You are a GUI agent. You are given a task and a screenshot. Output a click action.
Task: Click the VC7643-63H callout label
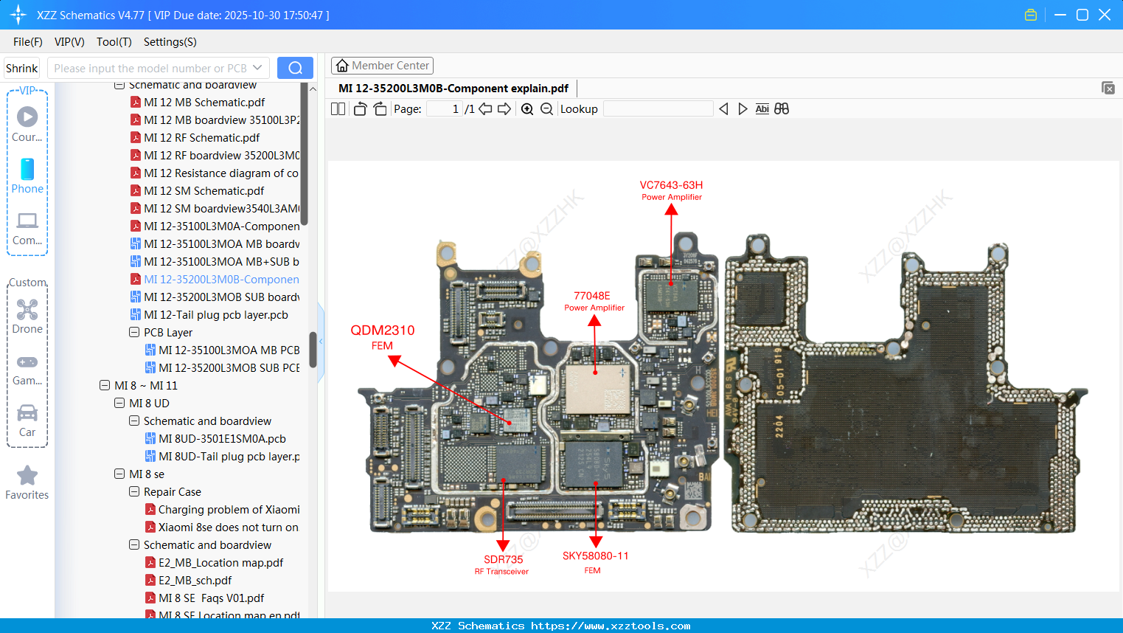[671, 190]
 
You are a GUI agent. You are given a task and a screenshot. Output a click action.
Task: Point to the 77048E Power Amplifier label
[594, 301]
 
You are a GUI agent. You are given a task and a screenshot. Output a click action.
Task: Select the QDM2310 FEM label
[382, 336]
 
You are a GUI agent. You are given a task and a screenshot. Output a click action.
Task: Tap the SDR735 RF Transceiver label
[502, 564]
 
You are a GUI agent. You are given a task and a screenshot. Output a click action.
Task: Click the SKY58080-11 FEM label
[595, 561]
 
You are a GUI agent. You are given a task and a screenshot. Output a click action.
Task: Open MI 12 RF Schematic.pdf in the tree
[201, 138]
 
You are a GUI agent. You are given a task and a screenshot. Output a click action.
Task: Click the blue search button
[295, 68]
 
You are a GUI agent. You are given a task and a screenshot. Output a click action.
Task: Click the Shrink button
[22, 68]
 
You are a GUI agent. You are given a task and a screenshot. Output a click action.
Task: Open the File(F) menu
[28, 42]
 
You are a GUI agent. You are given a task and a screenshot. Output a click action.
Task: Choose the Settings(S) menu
[170, 42]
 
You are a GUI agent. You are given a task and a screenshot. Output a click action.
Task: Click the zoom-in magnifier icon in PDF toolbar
[527, 109]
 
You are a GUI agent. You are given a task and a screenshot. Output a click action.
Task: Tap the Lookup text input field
[658, 109]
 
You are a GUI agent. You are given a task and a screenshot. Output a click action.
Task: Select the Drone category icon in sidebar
[27, 310]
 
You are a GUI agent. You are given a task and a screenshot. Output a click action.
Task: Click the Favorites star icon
[27, 476]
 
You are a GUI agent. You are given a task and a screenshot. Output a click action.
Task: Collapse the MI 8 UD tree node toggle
[119, 404]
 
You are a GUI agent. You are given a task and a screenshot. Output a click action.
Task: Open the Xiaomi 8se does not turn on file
[228, 527]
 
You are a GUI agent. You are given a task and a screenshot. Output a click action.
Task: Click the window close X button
[1105, 15]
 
